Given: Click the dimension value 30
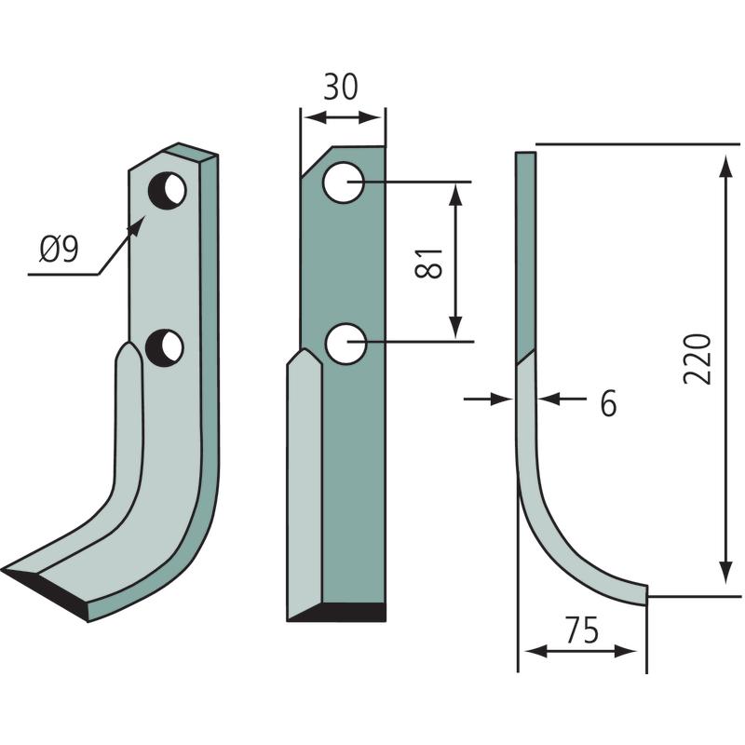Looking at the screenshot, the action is (340, 87).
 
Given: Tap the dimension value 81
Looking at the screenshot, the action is (428, 263).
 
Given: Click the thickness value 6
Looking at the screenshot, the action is (609, 403).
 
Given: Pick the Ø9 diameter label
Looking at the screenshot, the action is (59, 250).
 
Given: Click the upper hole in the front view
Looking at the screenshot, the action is (343, 183).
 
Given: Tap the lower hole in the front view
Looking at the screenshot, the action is (345, 344).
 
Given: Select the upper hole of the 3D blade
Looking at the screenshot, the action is (167, 191).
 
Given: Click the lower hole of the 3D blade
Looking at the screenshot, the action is (165, 347).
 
